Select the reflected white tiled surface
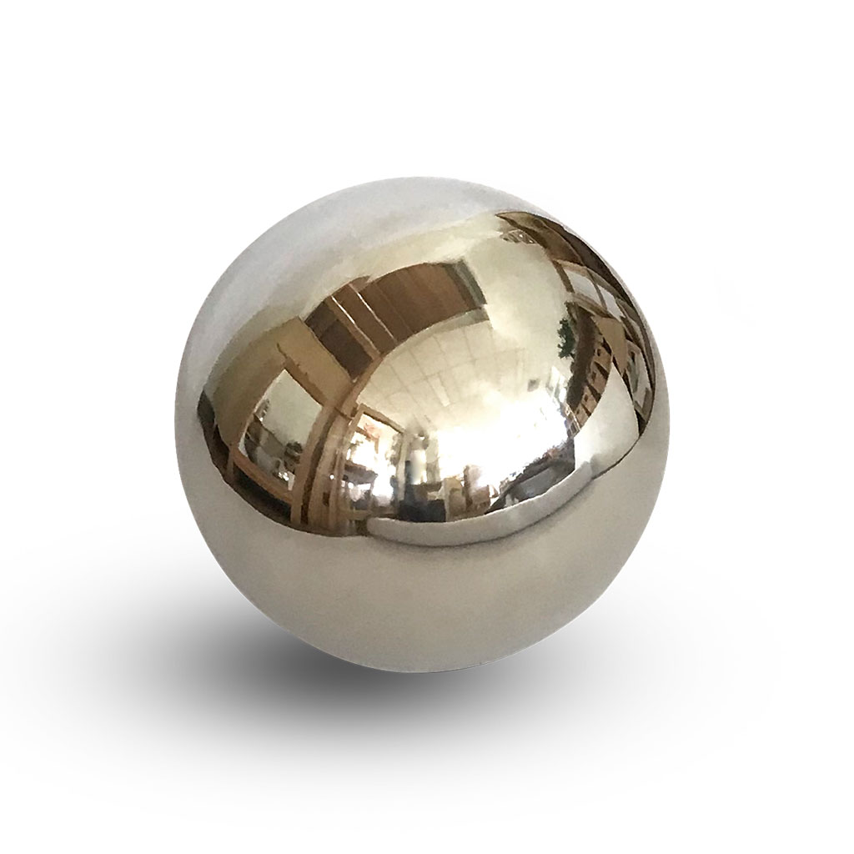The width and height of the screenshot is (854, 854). [x=467, y=367]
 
